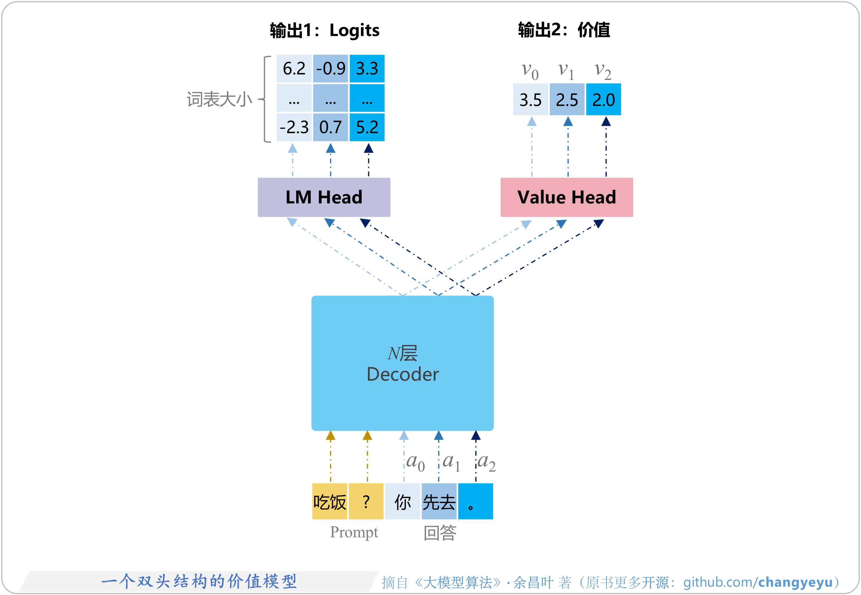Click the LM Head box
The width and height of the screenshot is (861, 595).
click(324, 197)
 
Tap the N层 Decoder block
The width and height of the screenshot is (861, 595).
click(402, 363)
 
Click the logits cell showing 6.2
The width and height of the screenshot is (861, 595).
click(294, 69)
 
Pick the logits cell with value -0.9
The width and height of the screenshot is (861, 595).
click(330, 69)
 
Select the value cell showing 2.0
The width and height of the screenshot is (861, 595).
click(603, 100)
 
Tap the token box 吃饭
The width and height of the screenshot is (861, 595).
click(329, 501)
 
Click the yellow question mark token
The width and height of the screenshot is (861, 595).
click(366, 501)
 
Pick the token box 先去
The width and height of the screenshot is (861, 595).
click(439, 501)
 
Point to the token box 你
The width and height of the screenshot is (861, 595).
click(403, 501)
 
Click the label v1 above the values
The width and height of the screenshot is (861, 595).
click(565, 71)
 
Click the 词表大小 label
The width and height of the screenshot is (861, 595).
click(219, 100)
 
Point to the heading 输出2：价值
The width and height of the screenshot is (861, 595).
click(564, 30)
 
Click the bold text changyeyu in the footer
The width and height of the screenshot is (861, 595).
click(795, 582)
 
